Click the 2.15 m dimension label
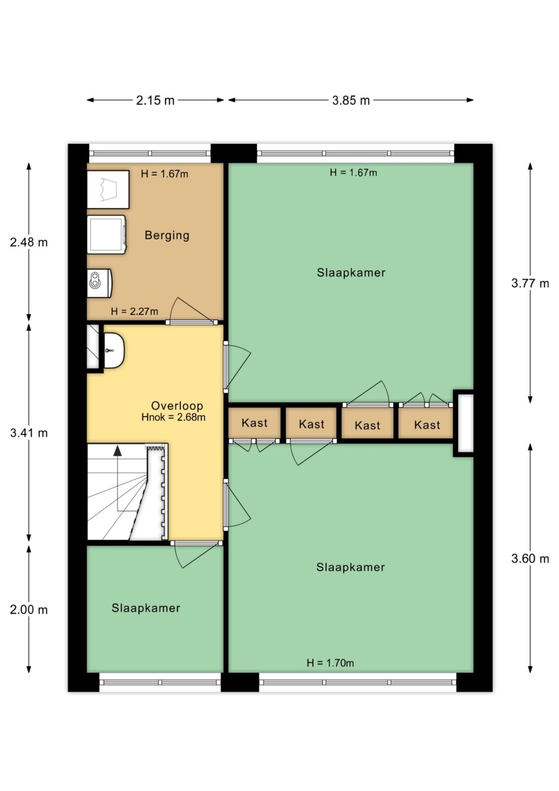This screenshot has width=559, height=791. tap(155, 101)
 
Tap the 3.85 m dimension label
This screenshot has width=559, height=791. tap(350, 101)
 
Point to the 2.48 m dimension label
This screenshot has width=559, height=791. tap(29, 242)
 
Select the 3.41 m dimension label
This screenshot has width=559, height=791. tap(29, 433)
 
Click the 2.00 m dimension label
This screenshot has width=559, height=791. tap(29, 610)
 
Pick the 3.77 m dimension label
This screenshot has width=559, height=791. tap(530, 283)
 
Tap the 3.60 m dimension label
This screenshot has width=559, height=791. tap(530, 558)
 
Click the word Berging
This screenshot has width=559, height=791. tap(167, 235)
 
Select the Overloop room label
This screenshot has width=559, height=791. tap(177, 406)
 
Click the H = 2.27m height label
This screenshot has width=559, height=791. tap(134, 311)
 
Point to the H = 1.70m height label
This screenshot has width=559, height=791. tap(330, 663)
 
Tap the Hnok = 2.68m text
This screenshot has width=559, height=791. tap(173, 417)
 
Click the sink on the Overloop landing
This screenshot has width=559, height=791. tap(114, 350)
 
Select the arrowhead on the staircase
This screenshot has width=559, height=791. tap(117, 450)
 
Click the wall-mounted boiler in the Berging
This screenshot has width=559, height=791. tap(99, 283)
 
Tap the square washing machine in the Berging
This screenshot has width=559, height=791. tap(106, 234)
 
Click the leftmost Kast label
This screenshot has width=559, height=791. tap(254, 423)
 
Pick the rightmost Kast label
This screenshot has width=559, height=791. tap(427, 425)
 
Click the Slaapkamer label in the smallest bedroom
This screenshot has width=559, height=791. tap(146, 608)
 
